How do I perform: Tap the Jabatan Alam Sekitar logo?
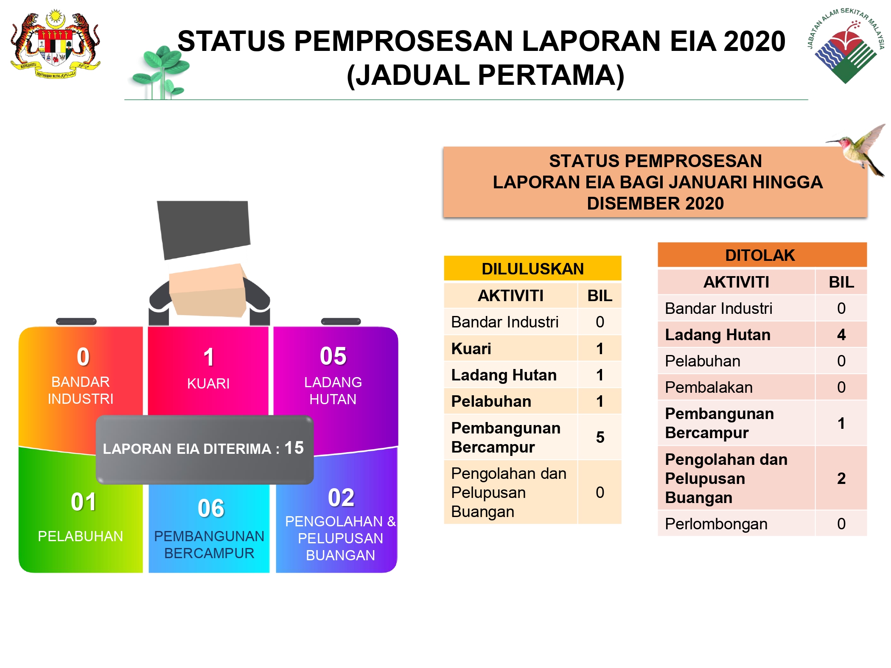click(x=846, y=46)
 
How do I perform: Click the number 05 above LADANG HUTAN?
click(x=333, y=356)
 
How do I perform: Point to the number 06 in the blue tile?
click(x=211, y=508)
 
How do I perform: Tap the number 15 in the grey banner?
click(x=294, y=448)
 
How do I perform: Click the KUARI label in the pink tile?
click(x=208, y=383)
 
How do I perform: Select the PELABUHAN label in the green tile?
click(x=81, y=536)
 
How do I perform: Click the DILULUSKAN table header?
click(x=533, y=268)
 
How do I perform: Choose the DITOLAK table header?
click(x=762, y=255)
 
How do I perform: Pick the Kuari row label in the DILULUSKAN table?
click(x=471, y=349)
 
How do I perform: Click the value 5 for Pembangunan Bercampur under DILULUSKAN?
click(x=600, y=437)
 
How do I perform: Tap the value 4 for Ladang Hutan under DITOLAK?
click(x=841, y=335)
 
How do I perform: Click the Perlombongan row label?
click(x=716, y=524)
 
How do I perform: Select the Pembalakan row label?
click(x=709, y=387)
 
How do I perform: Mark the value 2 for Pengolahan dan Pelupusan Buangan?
click(x=841, y=478)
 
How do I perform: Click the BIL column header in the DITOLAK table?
click(x=841, y=282)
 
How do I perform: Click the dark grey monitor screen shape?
click(x=204, y=229)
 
